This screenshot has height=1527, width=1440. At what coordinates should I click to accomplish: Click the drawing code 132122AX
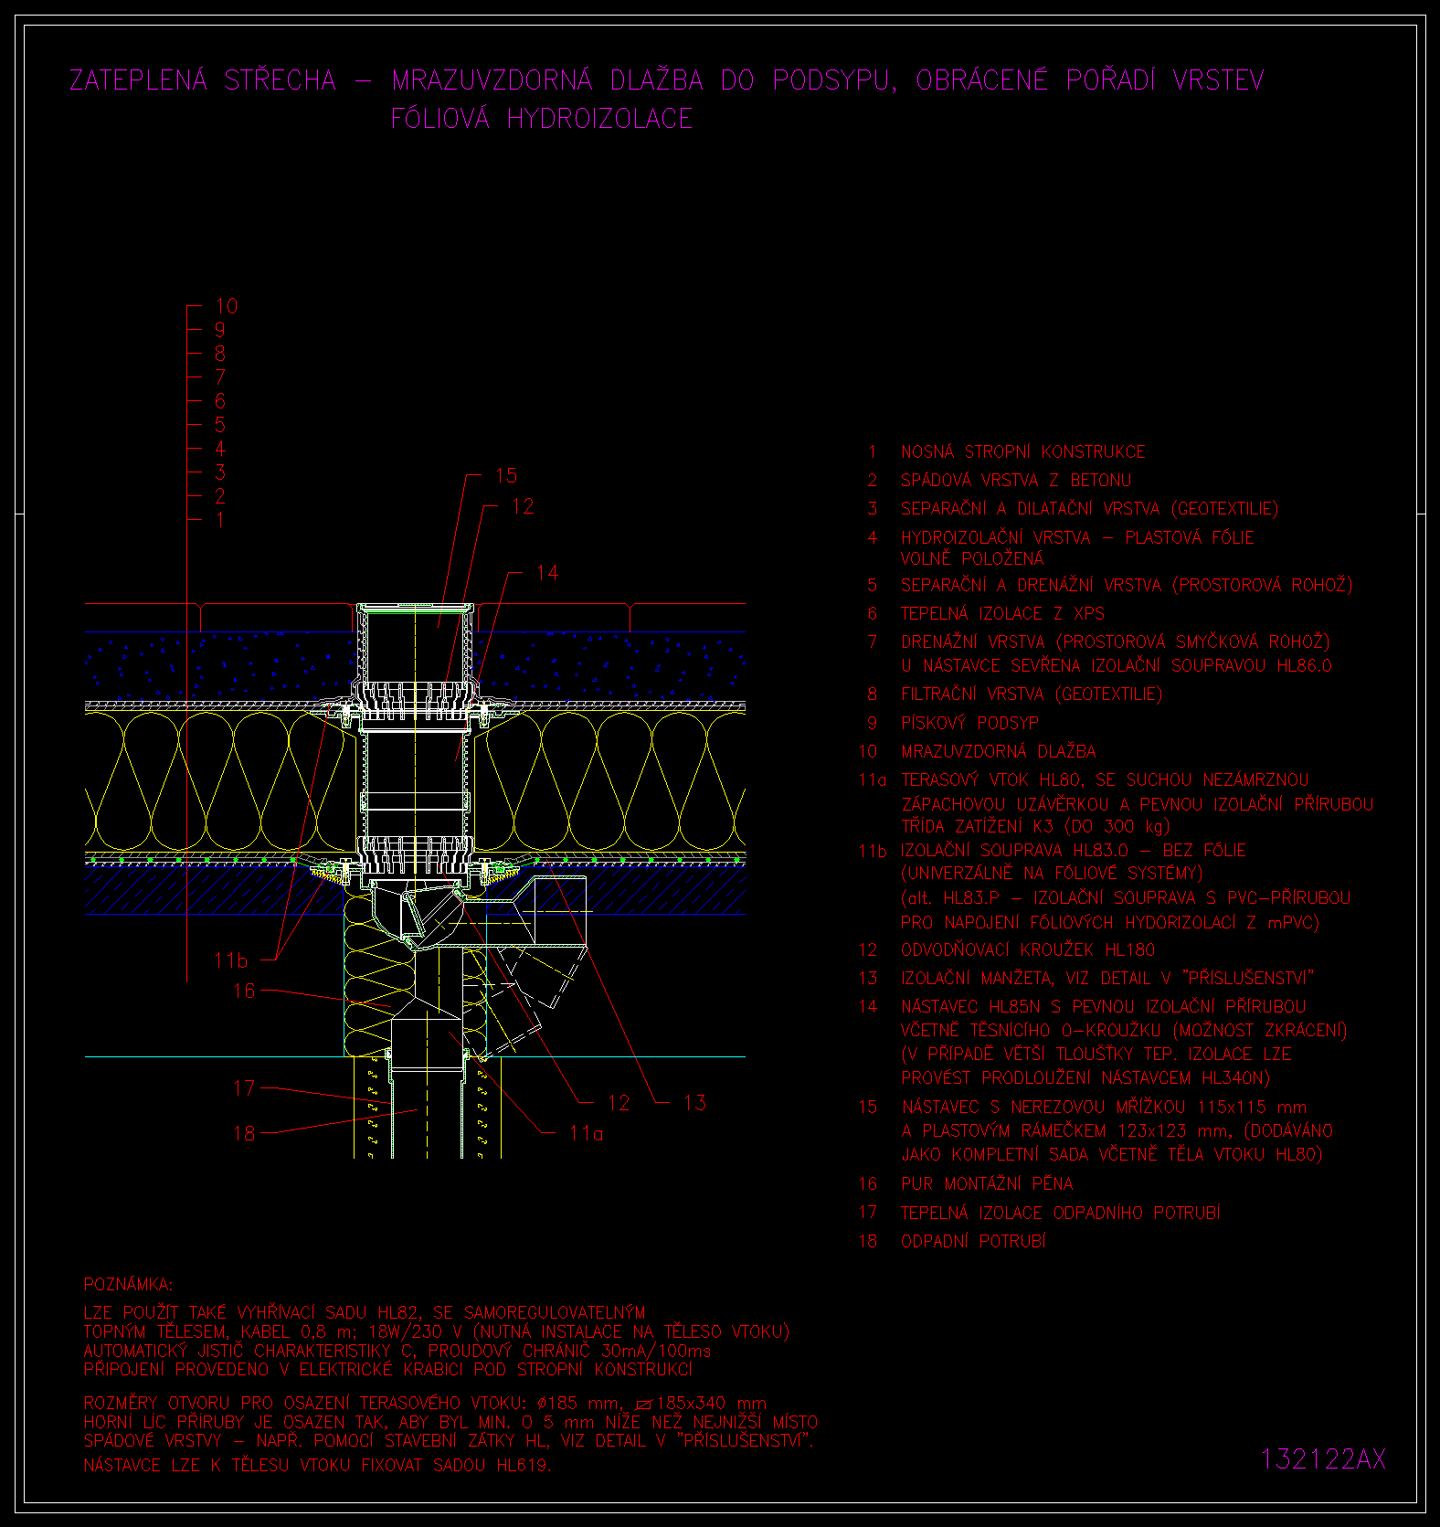pyautogui.click(x=1323, y=1458)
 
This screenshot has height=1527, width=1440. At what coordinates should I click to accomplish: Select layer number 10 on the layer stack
pyautogui.click(x=226, y=306)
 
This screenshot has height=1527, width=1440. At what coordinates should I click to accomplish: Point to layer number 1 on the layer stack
pyautogui.click(x=219, y=520)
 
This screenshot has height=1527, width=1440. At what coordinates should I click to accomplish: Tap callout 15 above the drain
pyautogui.click(x=506, y=475)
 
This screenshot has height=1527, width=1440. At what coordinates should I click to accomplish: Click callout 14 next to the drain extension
pyautogui.click(x=546, y=573)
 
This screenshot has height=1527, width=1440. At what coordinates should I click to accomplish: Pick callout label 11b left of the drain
pyautogui.click(x=230, y=960)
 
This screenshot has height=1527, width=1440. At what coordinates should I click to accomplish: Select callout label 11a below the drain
pyautogui.click(x=586, y=1133)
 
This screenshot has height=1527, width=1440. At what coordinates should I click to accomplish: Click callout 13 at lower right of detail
pyautogui.click(x=694, y=1103)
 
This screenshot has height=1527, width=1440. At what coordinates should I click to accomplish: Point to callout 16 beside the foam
pyautogui.click(x=244, y=991)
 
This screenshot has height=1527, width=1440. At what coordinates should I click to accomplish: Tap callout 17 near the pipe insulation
pyautogui.click(x=244, y=1088)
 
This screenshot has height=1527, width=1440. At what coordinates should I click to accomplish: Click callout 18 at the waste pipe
pyautogui.click(x=244, y=1133)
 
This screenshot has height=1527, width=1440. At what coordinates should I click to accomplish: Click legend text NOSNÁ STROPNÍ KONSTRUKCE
pyautogui.click(x=1022, y=451)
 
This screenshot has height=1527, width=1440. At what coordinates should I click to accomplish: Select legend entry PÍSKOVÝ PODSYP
pyautogui.click(x=969, y=723)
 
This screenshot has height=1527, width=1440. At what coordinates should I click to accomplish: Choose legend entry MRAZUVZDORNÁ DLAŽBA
pyautogui.click(x=998, y=751)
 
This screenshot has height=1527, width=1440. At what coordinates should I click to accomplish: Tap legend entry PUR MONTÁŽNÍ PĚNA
pyautogui.click(x=987, y=1183)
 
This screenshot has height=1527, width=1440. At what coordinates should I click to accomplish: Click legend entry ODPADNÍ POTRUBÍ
pyautogui.click(x=973, y=1241)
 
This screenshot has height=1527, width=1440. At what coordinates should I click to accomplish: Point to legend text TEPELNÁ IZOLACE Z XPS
pyautogui.click(x=1002, y=613)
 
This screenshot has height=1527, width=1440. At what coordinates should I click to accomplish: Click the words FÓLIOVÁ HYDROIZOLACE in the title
pyautogui.click(x=542, y=118)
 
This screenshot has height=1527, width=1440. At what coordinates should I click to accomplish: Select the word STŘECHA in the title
pyautogui.click(x=281, y=80)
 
